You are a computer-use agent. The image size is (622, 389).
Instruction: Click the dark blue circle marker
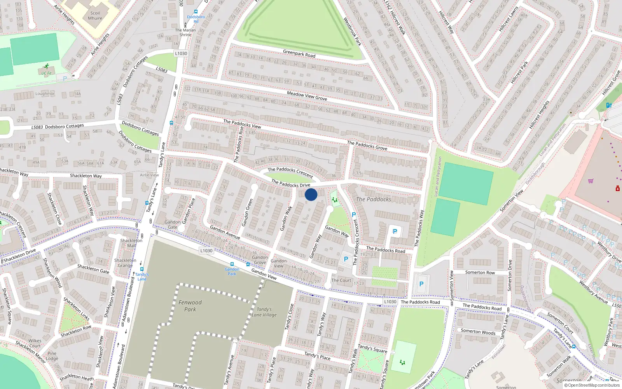click(x=311, y=194)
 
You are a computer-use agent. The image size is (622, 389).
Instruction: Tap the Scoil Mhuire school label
click(x=95, y=16)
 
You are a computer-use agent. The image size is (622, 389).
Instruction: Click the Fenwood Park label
click(x=190, y=306)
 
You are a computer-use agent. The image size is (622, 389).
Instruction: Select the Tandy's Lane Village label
click(x=264, y=312)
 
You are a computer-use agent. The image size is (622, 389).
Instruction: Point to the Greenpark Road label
click(x=299, y=54)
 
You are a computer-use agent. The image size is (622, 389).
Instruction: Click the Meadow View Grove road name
click(x=307, y=96)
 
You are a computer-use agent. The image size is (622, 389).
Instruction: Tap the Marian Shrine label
click(x=185, y=32)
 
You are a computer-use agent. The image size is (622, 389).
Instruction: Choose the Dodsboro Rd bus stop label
click(x=196, y=19)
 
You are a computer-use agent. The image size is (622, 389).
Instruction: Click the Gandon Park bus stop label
click(x=232, y=271)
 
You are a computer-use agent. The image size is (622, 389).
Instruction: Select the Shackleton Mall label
click(x=131, y=243)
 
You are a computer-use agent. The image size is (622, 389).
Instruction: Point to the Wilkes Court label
click(x=35, y=343)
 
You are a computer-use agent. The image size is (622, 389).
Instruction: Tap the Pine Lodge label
click(x=52, y=356)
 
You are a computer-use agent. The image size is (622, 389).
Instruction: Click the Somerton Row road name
click(x=480, y=272)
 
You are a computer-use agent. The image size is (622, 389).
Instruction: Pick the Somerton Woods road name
click(x=478, y=332)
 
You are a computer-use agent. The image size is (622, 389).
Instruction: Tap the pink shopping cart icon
click(x=591, y=180)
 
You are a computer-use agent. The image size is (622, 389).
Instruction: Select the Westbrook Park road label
click(x=352, y=32)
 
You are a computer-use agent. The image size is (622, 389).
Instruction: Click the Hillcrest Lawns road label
click(x=508, y=19)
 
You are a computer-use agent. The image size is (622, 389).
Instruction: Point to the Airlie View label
click(x=149, y=175)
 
